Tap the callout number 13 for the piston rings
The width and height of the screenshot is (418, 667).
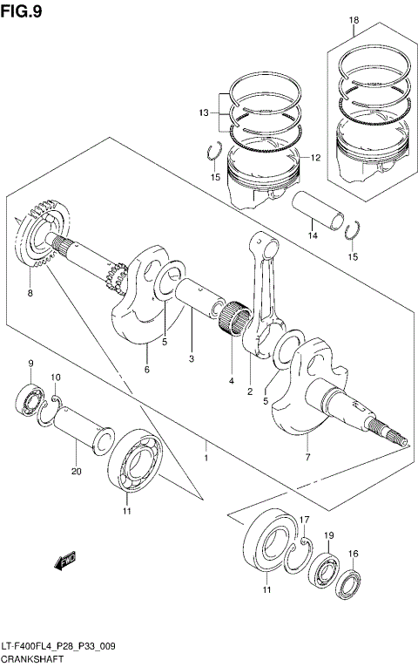[203, 113]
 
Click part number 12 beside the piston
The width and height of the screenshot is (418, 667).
[315, 158]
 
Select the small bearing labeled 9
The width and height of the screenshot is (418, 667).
[30, 399]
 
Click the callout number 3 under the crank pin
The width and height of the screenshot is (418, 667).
[192, 358]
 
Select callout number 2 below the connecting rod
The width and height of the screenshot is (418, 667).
[249, 391]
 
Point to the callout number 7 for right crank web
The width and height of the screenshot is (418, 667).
[307, 455]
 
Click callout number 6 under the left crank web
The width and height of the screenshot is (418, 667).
[146, 370]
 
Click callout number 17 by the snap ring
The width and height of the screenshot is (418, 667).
[305, 521]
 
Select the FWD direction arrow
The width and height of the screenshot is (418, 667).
[65, 562]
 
